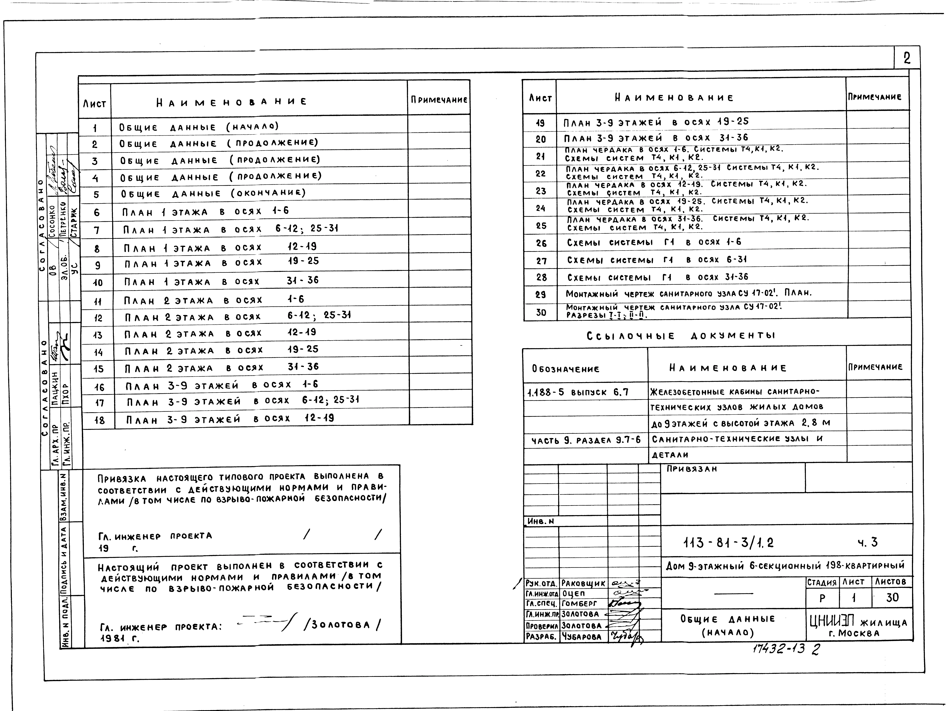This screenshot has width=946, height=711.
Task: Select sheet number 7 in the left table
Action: [x=97, y=230]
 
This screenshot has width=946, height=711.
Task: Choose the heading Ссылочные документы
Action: [x=681, y=336]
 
